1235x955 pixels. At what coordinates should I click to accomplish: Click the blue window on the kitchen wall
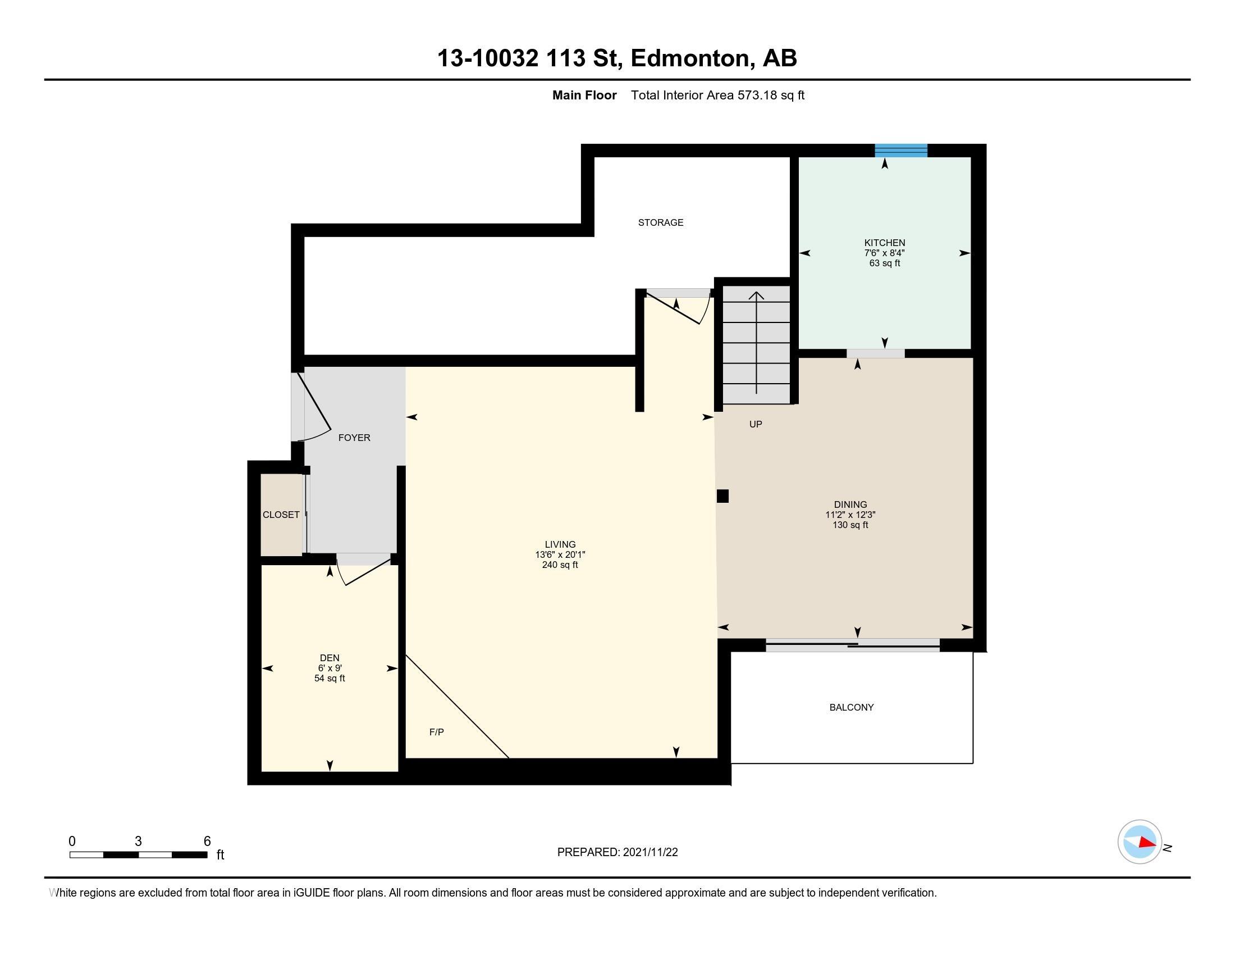(x=901, y=151)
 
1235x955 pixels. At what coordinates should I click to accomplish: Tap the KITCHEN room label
(x=884, y=243)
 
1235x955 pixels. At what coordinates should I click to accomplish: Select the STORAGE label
(x=661, y=223)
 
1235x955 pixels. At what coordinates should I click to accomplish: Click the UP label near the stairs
(x=756, y=424)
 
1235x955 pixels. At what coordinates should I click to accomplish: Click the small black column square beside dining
(x=722, y=496)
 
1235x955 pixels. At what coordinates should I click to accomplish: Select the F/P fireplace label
(x=437, y=732)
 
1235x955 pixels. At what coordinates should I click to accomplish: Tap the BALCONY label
(x=851, y=707)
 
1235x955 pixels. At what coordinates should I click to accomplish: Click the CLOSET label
(x=281, y=515)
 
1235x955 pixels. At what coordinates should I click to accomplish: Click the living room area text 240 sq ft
(x=560, y=565)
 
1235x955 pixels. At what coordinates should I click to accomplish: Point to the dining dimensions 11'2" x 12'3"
(x=850, y=515)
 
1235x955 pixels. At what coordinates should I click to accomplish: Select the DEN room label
(x=330, y=658)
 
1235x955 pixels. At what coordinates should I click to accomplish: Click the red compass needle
(x=1147, y=843)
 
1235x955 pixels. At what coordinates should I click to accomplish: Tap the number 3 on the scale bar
(x=138, y=842)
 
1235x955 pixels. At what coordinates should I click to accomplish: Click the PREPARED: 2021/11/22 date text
(x=617, y=852)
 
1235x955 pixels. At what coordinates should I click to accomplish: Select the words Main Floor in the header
(x=584, y=95)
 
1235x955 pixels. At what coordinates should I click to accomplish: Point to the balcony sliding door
(x=852, y=645)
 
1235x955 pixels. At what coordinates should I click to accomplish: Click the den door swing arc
(x=341, y=574)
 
